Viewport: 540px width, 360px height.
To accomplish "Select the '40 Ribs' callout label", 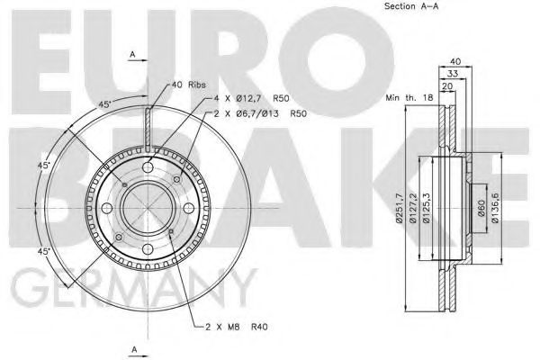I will (187, 85).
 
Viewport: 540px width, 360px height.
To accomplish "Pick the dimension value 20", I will (447, 88).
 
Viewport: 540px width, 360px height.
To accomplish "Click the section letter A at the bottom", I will (133, 346).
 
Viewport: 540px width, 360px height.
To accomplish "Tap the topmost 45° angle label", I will (105, 105).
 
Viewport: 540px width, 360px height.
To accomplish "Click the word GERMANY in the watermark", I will (130, 292).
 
